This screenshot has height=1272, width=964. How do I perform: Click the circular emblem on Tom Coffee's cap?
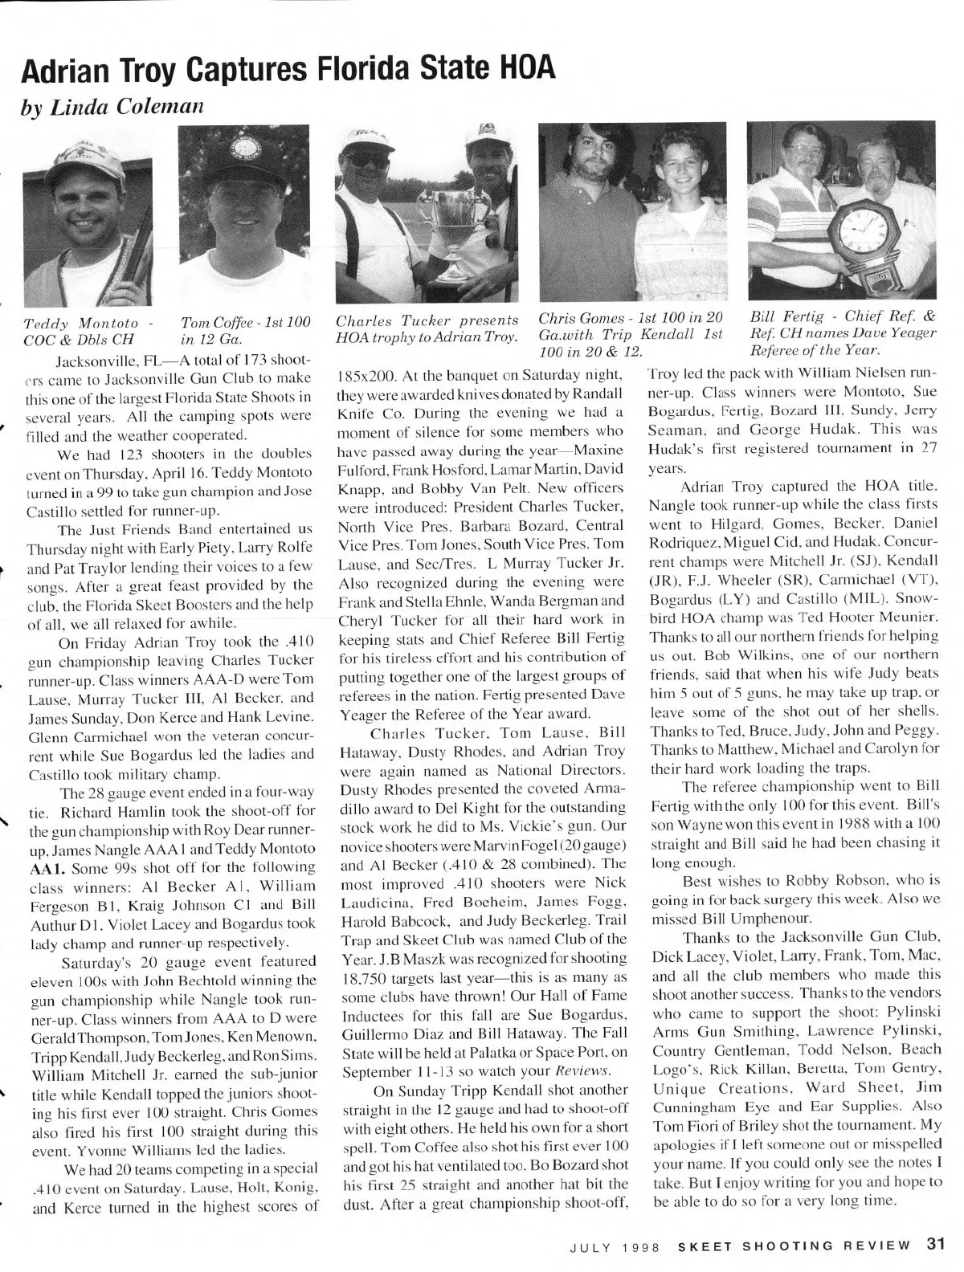coord(239,148)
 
